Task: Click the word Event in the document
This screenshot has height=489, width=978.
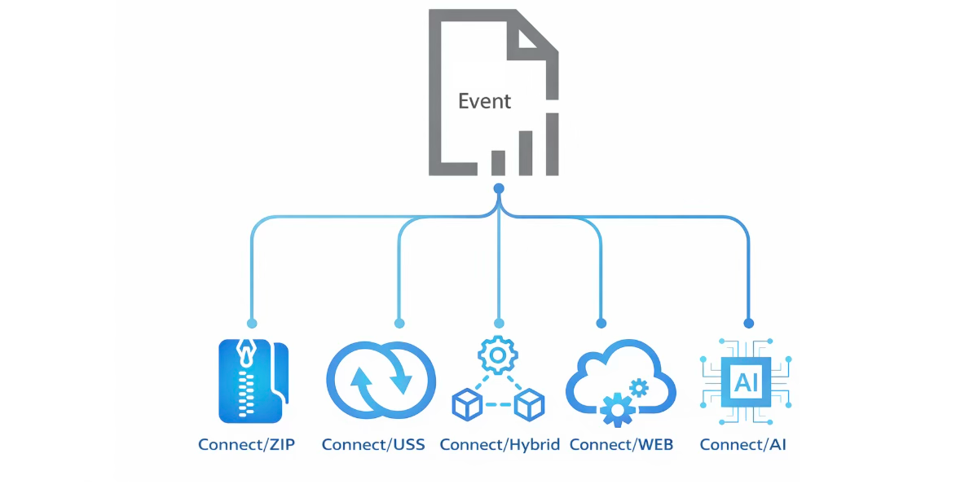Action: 484,101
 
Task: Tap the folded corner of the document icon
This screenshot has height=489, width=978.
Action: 532,37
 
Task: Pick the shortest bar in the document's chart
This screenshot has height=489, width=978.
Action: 498,162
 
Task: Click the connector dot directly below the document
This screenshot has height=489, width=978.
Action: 499,188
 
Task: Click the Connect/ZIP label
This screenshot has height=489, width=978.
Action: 247,445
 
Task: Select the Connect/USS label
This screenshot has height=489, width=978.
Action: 373,445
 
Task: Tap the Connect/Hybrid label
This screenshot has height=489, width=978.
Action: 500,445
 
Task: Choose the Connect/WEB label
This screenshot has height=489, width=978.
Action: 622,445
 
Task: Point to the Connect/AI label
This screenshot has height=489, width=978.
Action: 743,445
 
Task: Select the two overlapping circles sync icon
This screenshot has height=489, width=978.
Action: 381,381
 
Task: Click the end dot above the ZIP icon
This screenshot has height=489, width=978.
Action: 252,323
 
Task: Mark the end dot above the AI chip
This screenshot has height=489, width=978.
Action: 748,323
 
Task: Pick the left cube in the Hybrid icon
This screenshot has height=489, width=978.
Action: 467,404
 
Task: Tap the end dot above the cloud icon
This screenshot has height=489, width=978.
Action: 601,323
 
